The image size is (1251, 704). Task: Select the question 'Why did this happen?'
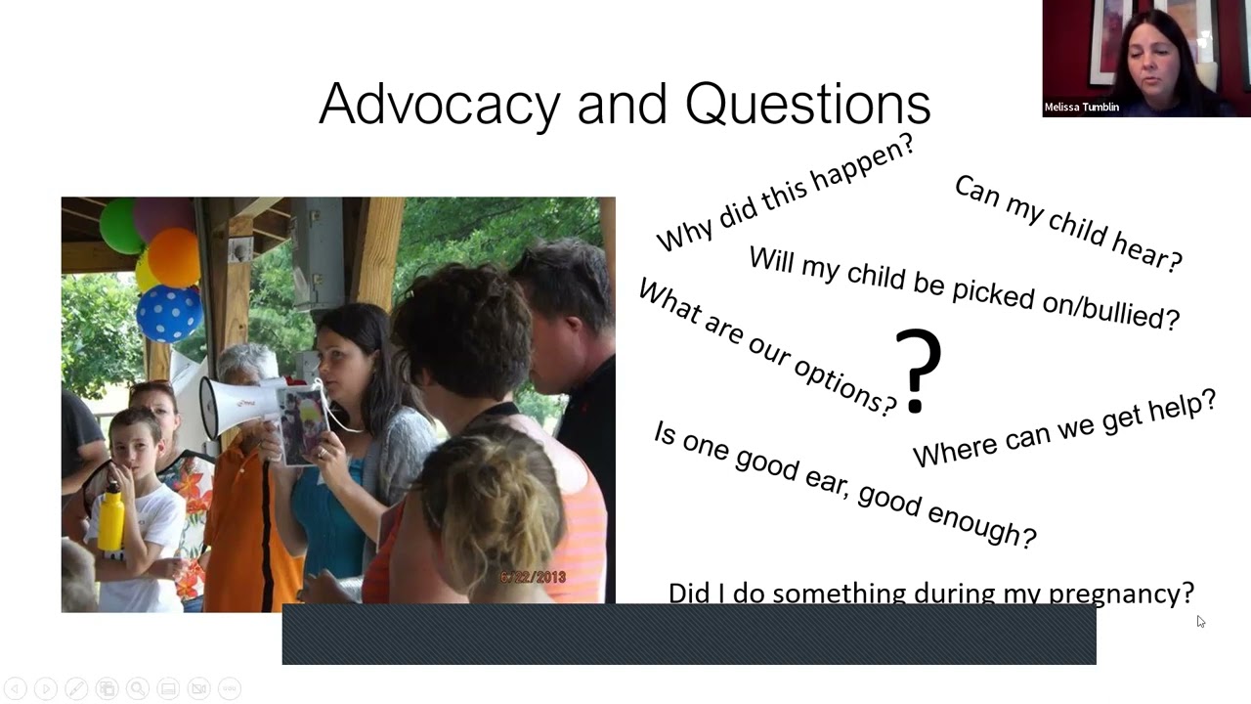(785, 193)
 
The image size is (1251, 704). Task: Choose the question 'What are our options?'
(767, 348)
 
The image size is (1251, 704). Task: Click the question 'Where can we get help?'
(1064, 429)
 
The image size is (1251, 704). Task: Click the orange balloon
(174, 256)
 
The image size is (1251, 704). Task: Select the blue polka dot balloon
(169, 313)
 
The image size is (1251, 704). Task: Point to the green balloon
(120, 225)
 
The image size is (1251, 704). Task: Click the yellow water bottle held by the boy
(111, 517)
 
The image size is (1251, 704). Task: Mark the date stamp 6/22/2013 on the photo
(533, 578)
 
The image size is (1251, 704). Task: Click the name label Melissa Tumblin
(1081, 108)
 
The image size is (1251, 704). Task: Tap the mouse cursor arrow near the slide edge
(1200, 621)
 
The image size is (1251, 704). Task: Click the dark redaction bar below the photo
(689, 635)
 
